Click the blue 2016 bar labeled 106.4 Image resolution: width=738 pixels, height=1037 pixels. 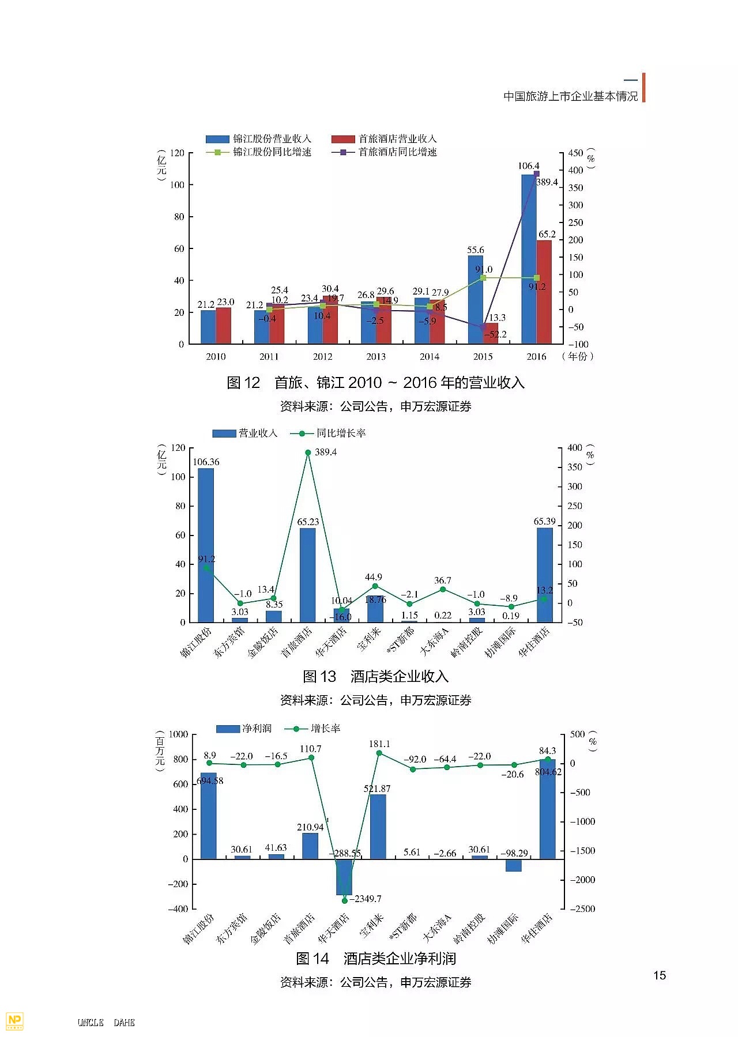(x=529, y=259)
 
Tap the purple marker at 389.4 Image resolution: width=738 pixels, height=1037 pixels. (x=536, y=174)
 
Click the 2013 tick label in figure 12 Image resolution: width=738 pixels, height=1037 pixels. (x=376, y=357)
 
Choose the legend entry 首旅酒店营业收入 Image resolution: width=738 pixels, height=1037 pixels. (x=384, y=139)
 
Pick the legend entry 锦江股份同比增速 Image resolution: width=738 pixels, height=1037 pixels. (x=259, y=152)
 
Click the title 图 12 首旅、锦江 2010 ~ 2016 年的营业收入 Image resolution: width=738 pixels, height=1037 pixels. (x=375, y=383)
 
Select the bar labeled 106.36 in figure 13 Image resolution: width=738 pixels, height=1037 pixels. (x=206, y=545)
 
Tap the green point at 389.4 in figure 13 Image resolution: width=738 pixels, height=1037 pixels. (x=308, y=452)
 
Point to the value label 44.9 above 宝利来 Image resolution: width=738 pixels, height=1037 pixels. (x=374, y=577)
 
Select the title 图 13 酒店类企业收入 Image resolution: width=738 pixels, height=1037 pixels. (x=375, y=676)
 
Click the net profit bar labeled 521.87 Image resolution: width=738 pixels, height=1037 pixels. (x=378, y=827)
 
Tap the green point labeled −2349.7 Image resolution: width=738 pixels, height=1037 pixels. (x=345, y=900)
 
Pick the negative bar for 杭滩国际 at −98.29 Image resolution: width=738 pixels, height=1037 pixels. (x=514, y=865)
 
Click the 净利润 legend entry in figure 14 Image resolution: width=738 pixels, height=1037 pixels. (x=243, y=729)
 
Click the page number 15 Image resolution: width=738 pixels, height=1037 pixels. (x=660, y=975)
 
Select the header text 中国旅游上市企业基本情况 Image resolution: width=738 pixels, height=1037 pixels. (x=571, y=96)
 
